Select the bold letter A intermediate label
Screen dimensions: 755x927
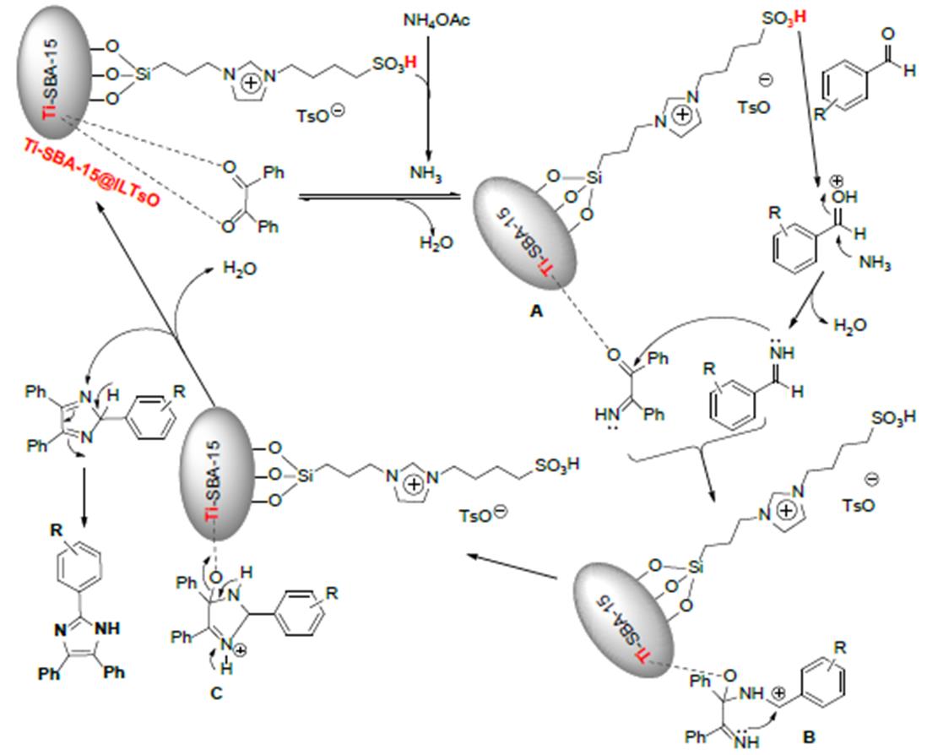click(x=534, y=312)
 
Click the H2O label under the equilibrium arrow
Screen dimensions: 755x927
click(x=436, y=243)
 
